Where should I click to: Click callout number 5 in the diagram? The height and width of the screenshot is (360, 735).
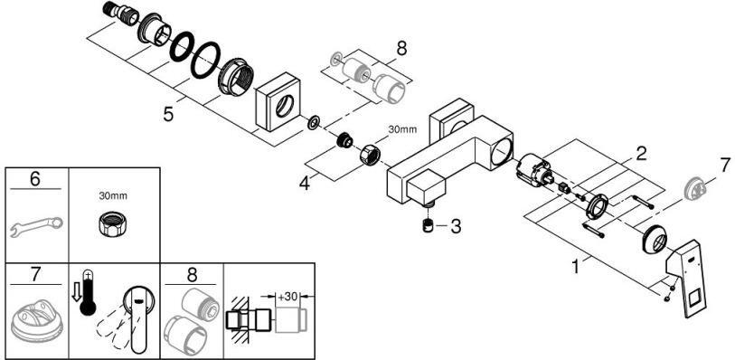click(168, 116)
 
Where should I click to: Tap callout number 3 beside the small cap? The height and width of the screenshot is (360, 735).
click(455, 225)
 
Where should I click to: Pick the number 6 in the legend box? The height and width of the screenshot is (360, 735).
click(34, 180)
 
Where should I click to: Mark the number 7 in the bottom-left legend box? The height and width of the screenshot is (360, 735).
click(34, 272)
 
